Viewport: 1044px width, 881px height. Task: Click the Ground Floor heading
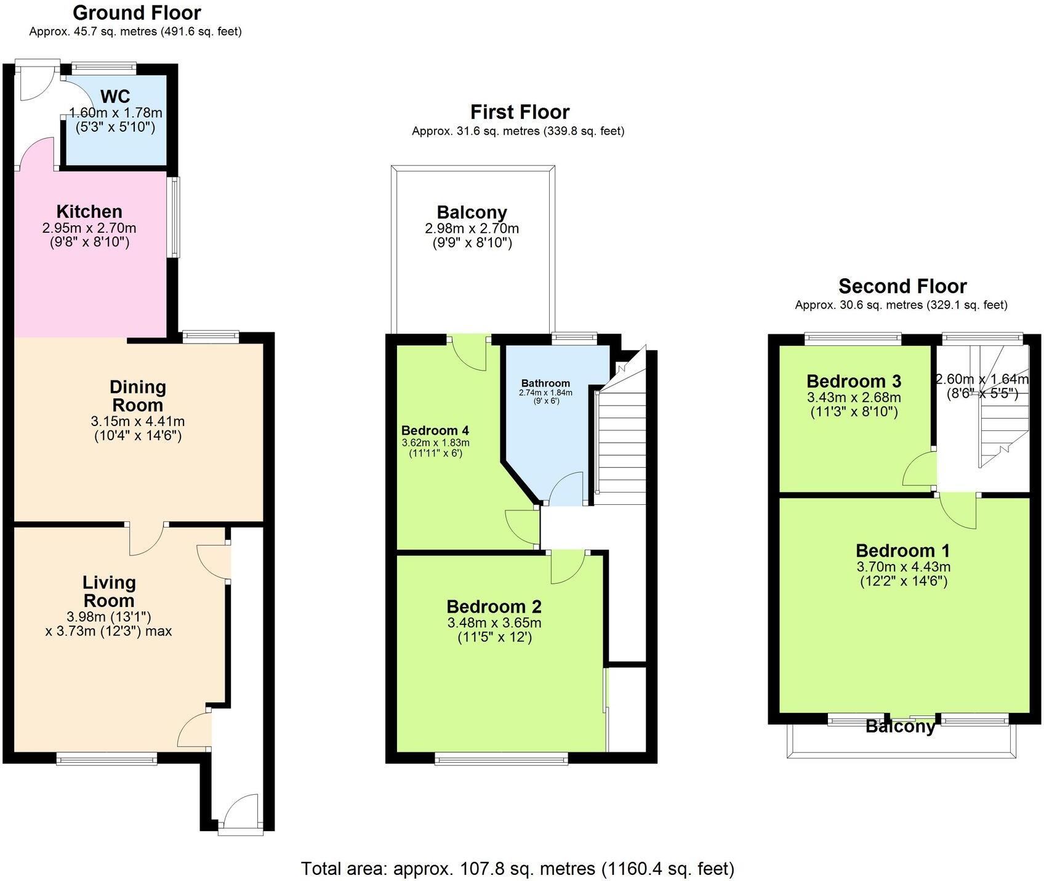tap(137, 12)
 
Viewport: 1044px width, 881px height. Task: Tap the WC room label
tap(115, 97)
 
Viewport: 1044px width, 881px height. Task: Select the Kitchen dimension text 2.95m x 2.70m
tap(89, 228)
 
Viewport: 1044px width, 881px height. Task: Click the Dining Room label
tap(137, 396)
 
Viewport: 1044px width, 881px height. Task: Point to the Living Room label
tap(109, 591)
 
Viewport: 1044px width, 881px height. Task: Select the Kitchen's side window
tap(175, 217)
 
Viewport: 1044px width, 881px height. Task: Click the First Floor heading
tap(520, 112)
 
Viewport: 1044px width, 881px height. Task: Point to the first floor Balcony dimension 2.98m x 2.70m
tap(472, 228)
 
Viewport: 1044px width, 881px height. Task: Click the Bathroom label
tap(545, 383)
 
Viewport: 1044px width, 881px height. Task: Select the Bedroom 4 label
tap(435, 430)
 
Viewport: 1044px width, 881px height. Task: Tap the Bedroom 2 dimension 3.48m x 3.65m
tap(494, 622)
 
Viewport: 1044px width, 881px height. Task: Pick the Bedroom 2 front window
tap(501, 760)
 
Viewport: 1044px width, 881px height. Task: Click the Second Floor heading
tap(902, 286)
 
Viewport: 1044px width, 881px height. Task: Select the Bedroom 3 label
tap(854, 381)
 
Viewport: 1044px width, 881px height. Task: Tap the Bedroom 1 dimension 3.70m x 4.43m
tap(903, 566)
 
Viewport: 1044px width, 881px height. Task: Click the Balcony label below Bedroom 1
tap(900, 726)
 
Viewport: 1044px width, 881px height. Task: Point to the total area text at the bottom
tap(517, 869)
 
